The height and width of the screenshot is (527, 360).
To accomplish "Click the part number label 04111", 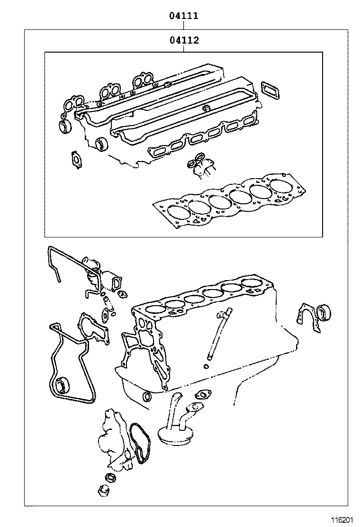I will coord(184,16).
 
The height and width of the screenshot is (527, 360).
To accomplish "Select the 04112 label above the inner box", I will coord(184,40).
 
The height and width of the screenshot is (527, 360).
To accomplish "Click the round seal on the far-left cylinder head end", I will coord(65,127).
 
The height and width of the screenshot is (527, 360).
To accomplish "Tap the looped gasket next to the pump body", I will coord(139,443).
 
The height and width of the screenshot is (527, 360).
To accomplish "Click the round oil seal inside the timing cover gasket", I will coord(61,386).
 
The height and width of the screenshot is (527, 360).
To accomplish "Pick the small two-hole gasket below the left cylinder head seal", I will coord(75,159).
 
